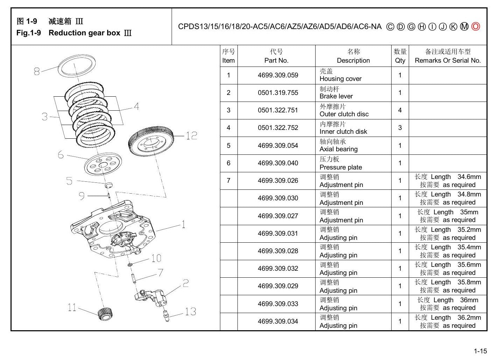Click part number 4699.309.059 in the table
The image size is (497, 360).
point(278,75)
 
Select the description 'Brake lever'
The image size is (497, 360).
point(336,96)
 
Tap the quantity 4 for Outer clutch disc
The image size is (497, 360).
point(400,110)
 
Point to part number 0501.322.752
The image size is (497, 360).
point(278,128)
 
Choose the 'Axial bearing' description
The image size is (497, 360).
point(338,149)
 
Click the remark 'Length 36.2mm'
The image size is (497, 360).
point(456,318)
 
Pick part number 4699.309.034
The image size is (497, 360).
point(278,321)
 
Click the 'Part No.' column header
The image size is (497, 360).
point(276,61)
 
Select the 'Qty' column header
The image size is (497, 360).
point(400,61)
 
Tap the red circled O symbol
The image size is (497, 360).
point(476,27)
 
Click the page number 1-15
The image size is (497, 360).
point(480,351)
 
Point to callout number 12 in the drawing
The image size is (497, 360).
point(191,136)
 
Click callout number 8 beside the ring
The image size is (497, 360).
point(37,71)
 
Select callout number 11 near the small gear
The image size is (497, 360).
point(72,307)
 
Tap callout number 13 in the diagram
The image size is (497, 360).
point(191,311)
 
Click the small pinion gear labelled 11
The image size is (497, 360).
point(105,314)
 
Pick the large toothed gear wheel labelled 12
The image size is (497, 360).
point(151,141)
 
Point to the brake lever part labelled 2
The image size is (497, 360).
point(151,298)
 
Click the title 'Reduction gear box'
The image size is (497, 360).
point(84,33)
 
